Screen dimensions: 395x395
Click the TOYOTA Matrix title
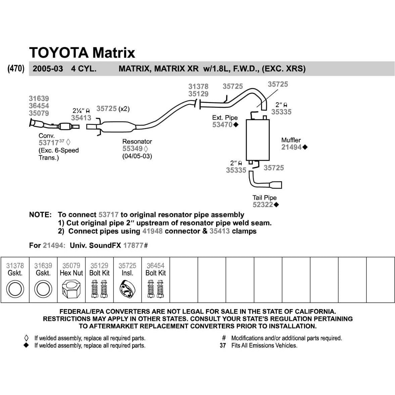(x=82, y=53)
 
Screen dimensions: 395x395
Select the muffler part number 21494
(x=291, y=147)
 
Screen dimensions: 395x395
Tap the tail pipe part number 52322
(x=262, y=205)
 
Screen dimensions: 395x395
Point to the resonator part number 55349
(x=132, y=149)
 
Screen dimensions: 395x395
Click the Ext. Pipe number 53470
(x=222, y=125)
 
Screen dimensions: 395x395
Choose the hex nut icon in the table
(x=71, y=290)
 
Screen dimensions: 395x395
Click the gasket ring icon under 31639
(x=43, y=290)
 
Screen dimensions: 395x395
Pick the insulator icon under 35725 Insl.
(x=127, y=290)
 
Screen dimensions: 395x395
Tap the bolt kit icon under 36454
(x=155, y=289)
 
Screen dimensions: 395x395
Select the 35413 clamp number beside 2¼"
(x=81, y=118)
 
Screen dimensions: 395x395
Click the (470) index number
(x=16, y=69)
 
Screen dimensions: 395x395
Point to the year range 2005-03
(x=48, y=69)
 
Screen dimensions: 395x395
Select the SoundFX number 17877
(x=133, y=245)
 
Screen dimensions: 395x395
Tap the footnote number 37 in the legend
(x=223, y=345)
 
